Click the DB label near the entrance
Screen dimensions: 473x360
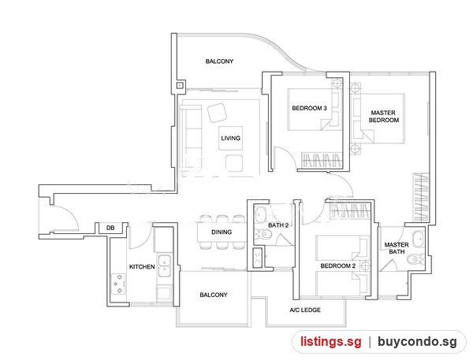click(x=110, y=228)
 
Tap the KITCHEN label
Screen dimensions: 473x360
click(x=142, y=267)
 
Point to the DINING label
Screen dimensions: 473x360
click(x=222, y=232)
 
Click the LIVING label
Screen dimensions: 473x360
click(x=230, y=138)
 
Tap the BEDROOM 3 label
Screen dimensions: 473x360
click(x=309, y=108)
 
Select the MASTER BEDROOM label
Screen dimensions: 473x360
click(x=383, y=117)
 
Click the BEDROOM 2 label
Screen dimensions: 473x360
click(x=338, y=266)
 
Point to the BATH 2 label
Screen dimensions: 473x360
click(x=278, y=225)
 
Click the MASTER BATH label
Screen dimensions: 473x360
click(x=397, y=248)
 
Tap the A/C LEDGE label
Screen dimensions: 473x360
click(x=305, y=310)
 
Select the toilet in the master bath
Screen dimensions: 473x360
click(x=415, y=259)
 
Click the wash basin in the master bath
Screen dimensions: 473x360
click(x=418, y=239)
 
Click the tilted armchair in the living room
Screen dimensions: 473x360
click(x=217, y=113)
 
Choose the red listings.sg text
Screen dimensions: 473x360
click(x=330, y=342)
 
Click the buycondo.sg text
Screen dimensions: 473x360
click(x=417, y=342)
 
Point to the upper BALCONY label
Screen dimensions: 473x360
click(x=219, y=61)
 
